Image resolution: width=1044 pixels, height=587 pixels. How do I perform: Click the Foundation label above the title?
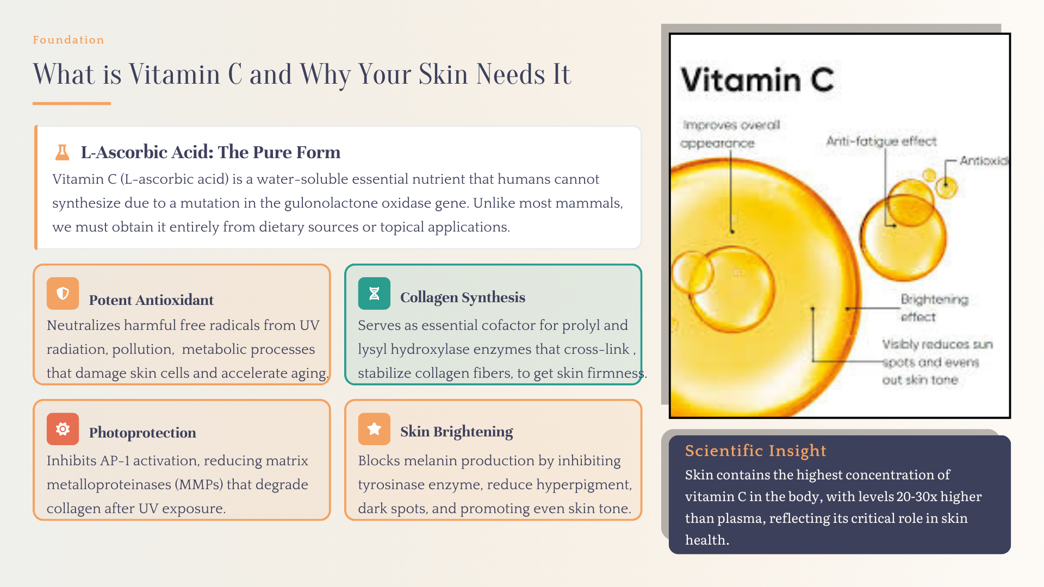point(68,40)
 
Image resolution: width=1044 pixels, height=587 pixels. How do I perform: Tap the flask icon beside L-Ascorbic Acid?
point(63,152)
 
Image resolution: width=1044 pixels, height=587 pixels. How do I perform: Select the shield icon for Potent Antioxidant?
point(63,293)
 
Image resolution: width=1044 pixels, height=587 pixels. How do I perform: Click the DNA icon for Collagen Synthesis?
point(374,293)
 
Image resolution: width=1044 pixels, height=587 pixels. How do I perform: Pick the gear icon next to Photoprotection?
point(63,429)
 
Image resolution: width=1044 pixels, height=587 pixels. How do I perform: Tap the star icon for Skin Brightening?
point(374,429)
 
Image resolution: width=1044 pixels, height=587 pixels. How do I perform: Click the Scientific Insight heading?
point(755,451)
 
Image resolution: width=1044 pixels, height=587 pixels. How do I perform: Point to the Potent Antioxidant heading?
point(151,300)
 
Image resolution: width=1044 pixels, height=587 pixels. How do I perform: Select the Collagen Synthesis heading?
point(463,297)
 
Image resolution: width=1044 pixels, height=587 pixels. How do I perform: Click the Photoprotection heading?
point(142,433)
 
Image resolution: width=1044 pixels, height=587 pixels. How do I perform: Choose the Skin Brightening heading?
point(456,432)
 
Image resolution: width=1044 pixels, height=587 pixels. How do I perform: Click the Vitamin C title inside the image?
point(757,80)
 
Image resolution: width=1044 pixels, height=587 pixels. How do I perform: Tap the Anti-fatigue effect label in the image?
point(881,141)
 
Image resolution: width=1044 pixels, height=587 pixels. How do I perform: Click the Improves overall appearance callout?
point(731,134)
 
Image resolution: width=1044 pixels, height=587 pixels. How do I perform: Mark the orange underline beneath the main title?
point(72,103)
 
